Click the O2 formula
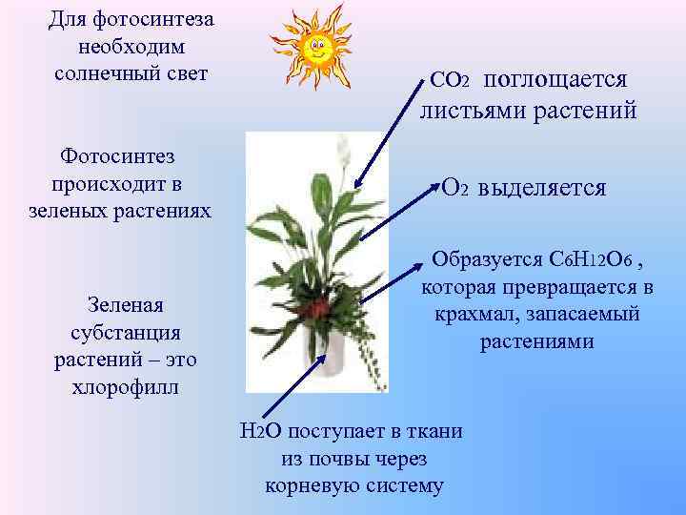pos(455,187)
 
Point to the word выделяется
pos(542,187)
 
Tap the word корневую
pos(304,485)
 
